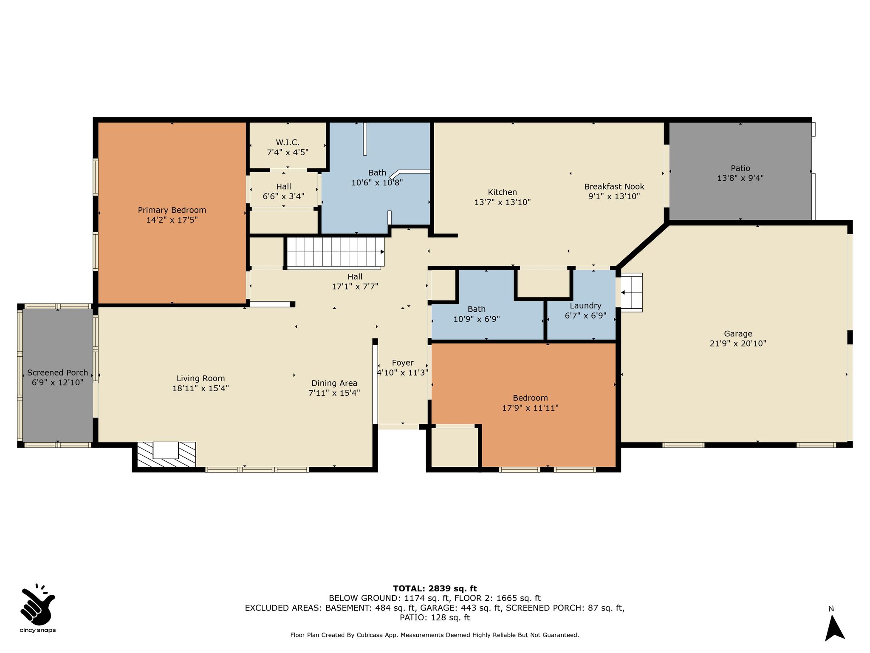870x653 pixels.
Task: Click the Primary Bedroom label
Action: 172,210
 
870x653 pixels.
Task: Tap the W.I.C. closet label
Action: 288,142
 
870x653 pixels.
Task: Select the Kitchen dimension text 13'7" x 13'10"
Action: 503,202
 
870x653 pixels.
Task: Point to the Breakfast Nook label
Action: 614,187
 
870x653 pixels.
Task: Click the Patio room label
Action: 740,168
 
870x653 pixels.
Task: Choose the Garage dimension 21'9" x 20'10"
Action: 738,344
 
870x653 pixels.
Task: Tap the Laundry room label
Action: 585,306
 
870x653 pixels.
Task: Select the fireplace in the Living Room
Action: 166,454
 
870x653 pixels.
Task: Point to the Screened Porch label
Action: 58,373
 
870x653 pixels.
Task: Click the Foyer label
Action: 403,363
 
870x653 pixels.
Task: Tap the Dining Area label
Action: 334,383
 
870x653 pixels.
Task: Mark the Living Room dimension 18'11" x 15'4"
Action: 201,388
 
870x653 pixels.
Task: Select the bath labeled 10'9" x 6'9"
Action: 477,314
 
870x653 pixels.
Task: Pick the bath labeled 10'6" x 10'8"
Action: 377,178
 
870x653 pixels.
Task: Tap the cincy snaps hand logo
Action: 38,603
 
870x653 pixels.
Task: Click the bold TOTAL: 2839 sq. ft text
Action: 435,589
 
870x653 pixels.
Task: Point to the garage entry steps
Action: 632,292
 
